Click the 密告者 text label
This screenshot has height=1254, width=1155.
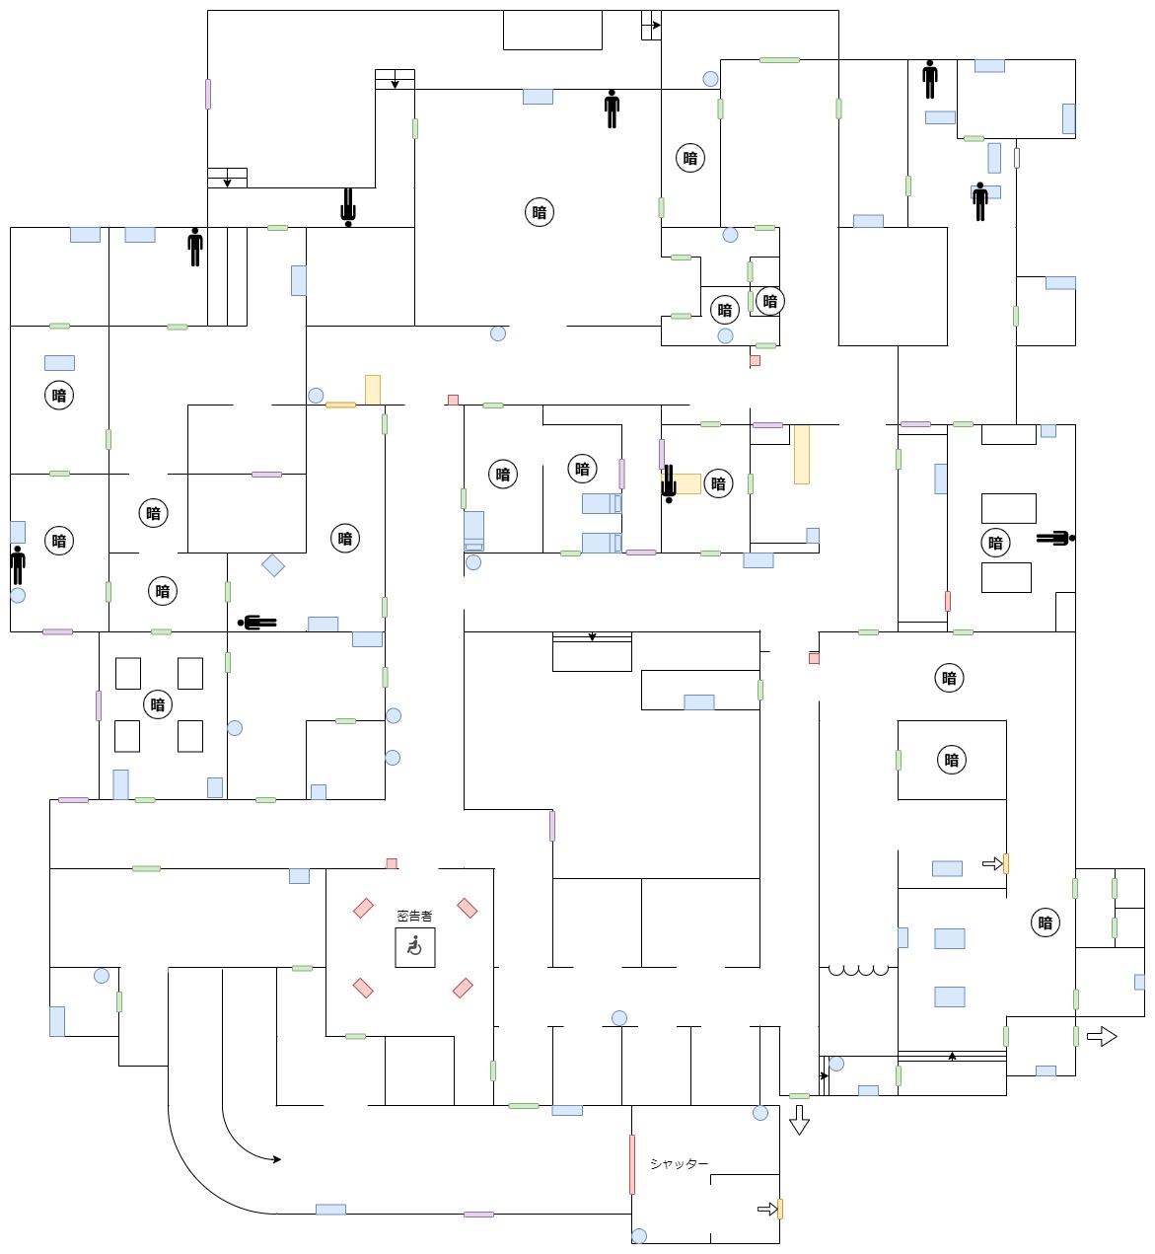point(414,916)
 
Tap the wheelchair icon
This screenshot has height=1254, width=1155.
point(414,947)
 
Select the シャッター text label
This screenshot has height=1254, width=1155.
point(679,1164)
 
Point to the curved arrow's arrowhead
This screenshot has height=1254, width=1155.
point(276,1159)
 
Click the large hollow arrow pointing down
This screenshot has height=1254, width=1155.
point(799,1120)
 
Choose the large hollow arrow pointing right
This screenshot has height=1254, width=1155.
point(1102,1036)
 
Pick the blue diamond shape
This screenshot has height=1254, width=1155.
point(273,565)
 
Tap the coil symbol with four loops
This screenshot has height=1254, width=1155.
point(858,971)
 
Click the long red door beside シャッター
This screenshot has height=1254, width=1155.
point(632,1164)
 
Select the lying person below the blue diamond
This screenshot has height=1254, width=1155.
point(257,623)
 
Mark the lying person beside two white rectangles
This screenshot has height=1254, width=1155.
point(1055,538)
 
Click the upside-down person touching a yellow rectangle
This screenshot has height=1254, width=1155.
point(669,483)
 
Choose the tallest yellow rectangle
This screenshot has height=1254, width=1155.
point(802,454)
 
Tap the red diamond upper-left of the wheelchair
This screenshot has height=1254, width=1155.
point(364,907)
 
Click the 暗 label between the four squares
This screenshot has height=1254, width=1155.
point(158,704)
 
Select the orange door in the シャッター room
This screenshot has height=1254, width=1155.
point(780,1209)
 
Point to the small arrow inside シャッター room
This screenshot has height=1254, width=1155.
point(766,1209)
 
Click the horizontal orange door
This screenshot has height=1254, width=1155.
point(340,405)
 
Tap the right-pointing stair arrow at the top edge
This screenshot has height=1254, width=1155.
point(654,25)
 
